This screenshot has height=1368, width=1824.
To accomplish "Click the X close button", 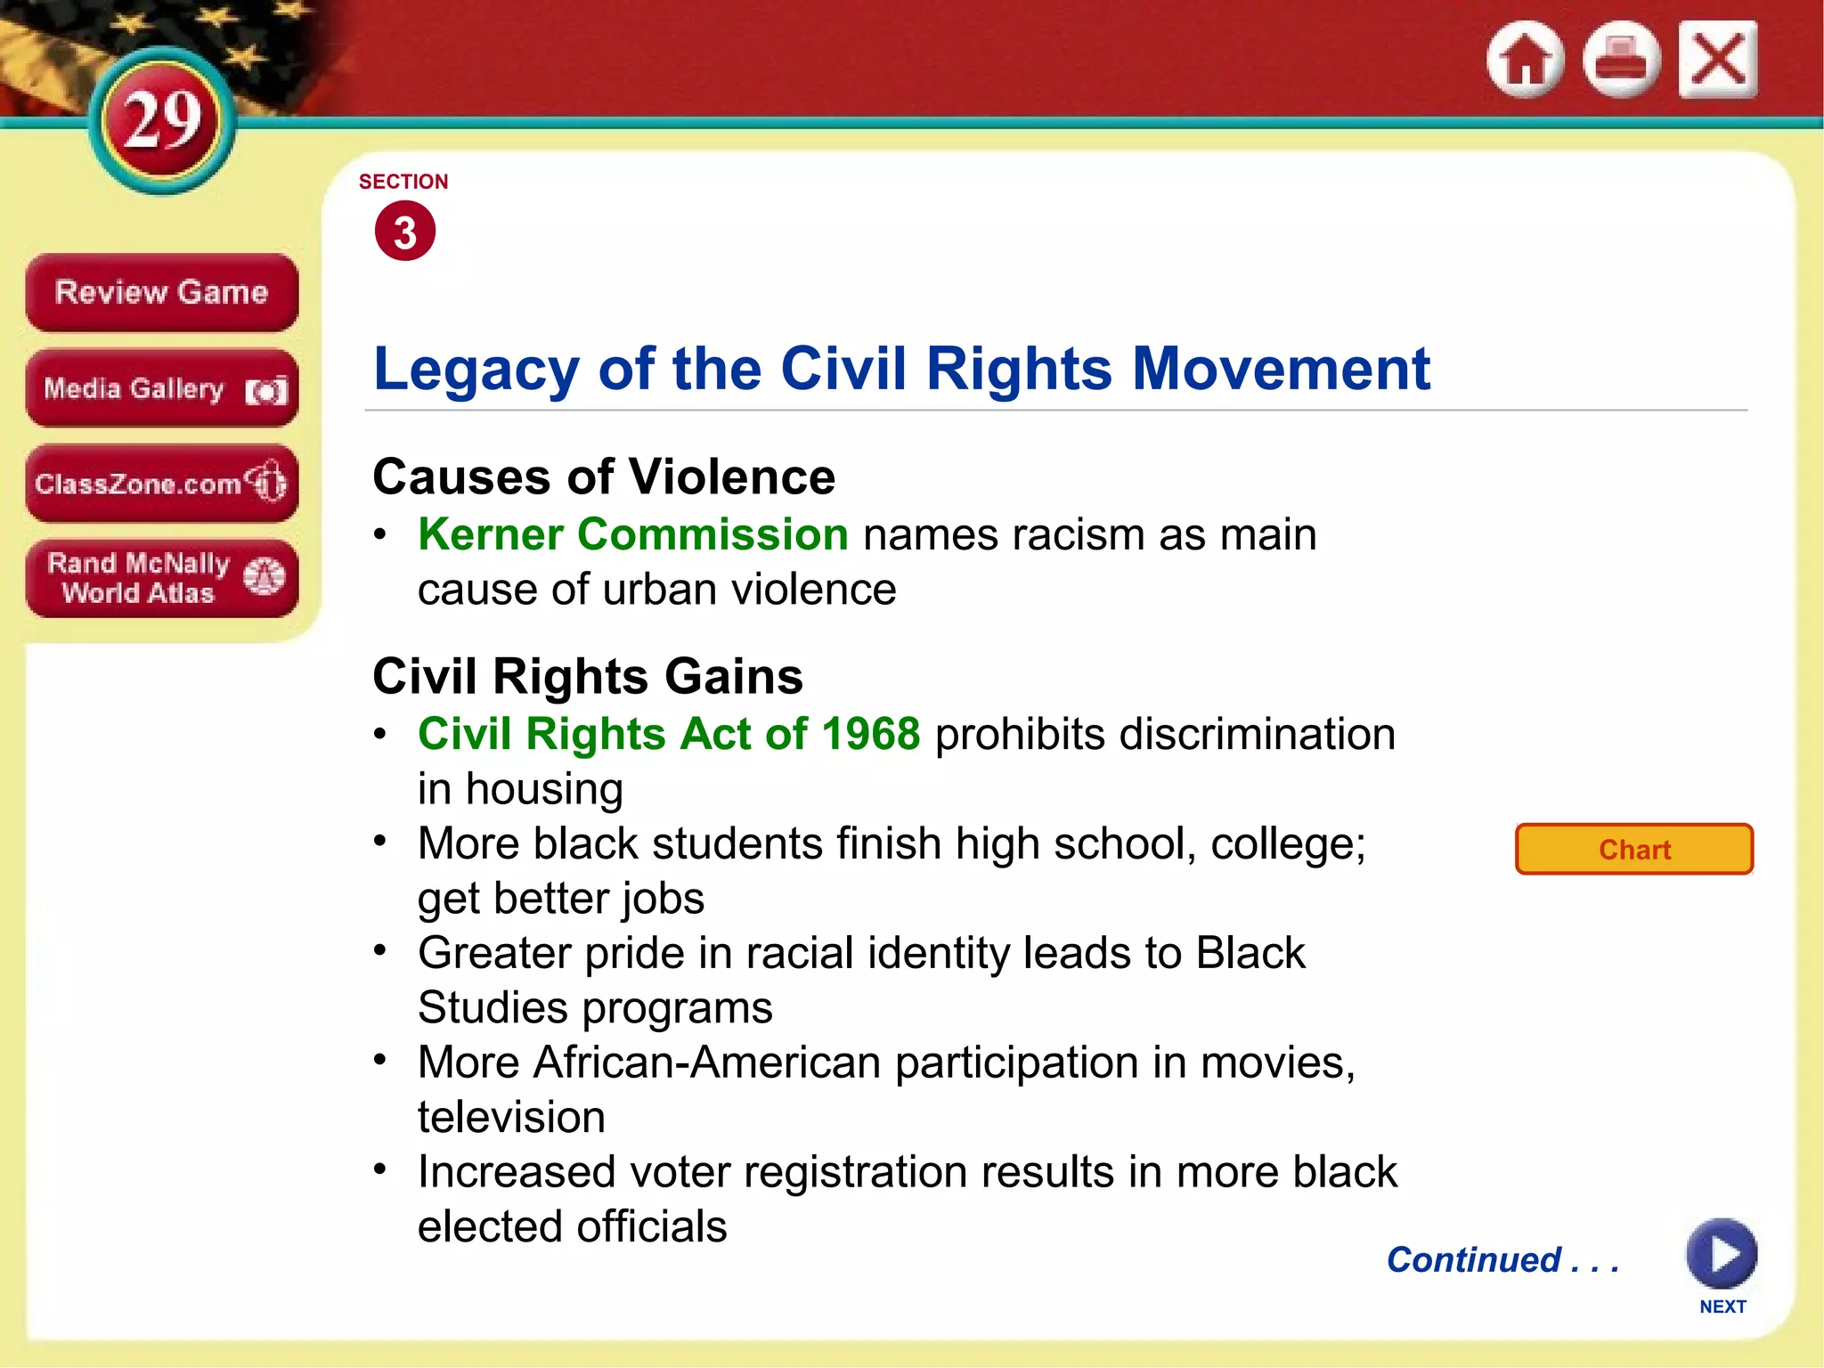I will (x=1718, y=60).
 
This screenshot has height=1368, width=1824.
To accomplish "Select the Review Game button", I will (x=161, y=292).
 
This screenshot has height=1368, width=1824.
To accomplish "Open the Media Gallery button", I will (x=161, y=388).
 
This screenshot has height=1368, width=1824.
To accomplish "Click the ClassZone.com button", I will (x=161, y=484).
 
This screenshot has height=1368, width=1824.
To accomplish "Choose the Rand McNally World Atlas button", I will (x=161, y=578).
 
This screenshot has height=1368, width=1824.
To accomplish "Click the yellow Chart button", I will (x=1634, y=849).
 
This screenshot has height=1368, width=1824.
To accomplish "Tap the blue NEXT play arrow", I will (x=1722, y=1254).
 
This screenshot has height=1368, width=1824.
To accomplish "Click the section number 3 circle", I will (x=405, y=232).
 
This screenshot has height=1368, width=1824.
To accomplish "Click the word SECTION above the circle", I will (x=403, y=182).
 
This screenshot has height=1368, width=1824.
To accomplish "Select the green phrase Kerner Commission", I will (x=632, y=534).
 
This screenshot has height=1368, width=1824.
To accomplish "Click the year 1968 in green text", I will (x=870, y=734).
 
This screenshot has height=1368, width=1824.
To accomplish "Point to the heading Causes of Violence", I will (x=604, y=476).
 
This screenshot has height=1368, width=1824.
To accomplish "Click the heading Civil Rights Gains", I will (x=588, y=676).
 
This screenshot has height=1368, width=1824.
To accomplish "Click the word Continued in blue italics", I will (x=1474, y=1259).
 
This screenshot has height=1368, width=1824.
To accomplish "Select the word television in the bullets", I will (x=511, y=1117).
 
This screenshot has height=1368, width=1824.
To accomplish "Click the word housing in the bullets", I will (x=544, y=789).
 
